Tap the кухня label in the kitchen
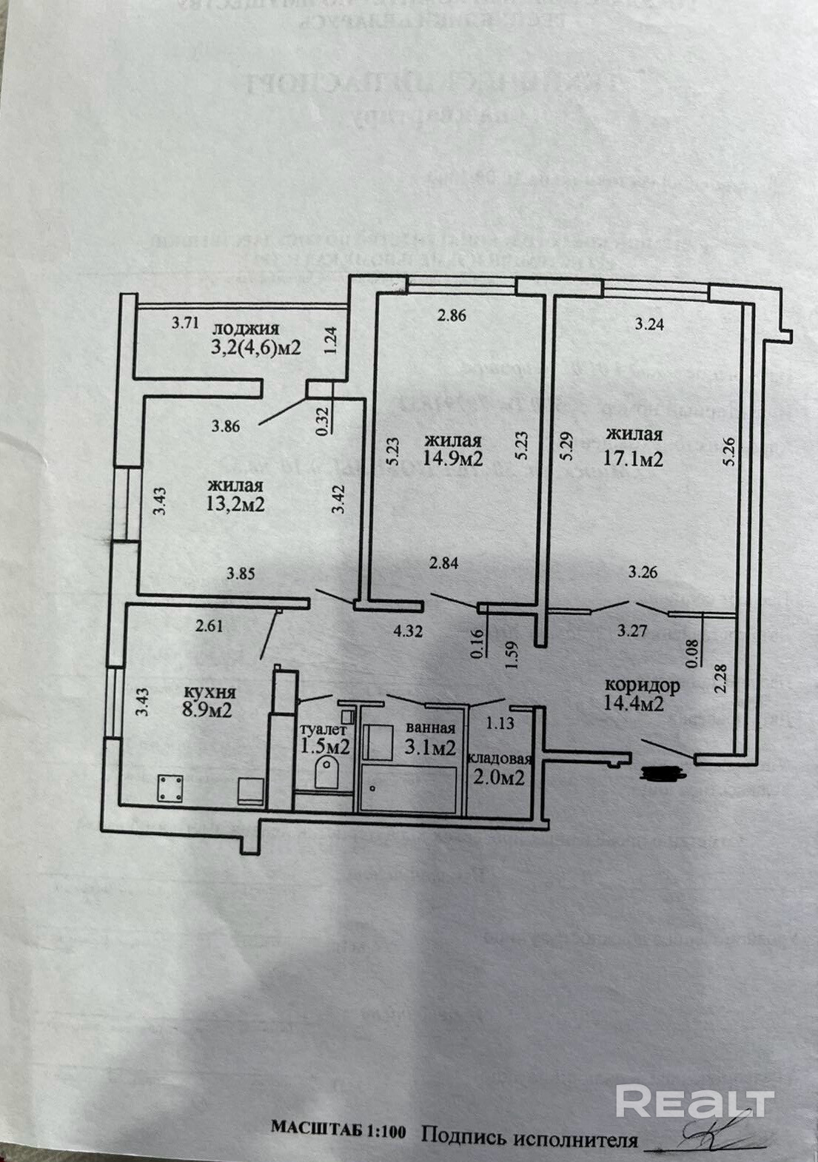[209, 693]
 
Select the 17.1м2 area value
[633, 459]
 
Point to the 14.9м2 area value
[452, 459]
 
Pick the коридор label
[642, 685]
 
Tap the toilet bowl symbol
[326, 772]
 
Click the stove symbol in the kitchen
[170, 787]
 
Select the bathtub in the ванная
[408, 789]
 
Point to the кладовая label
[500, 759]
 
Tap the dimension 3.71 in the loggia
[185, 323]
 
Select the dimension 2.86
[452, 315]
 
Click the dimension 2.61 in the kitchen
[209, 626]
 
